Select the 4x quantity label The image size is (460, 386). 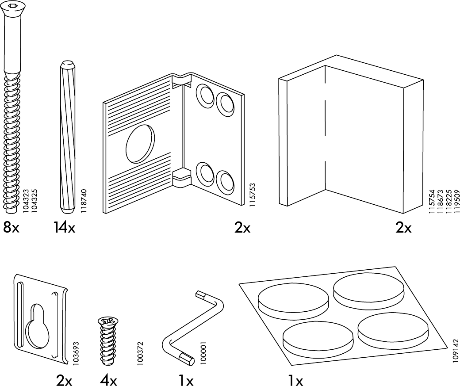(x=108, y=380)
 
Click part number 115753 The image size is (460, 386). (x=252, y=194)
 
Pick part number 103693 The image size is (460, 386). (x=76, y=352)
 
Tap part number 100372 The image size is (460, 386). (x=140, y=352)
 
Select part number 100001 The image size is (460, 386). (x=203, y=352)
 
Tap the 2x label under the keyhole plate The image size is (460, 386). (x=64, y=380)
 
